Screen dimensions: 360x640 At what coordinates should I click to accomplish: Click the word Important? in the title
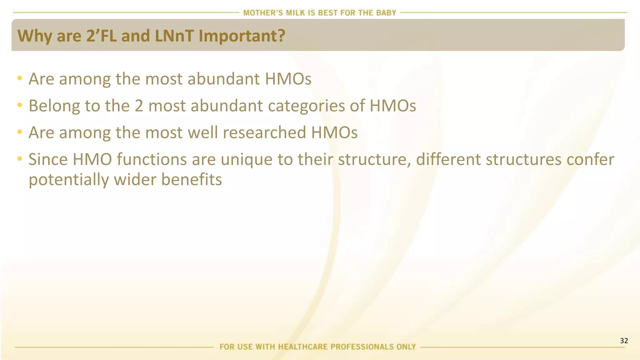click(x=242, y=36)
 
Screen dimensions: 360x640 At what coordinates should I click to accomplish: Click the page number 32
click(x=624, y=341)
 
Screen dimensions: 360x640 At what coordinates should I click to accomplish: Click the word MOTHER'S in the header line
click(x=263, y=13)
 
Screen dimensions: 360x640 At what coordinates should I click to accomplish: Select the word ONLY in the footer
click(x=405, y=347)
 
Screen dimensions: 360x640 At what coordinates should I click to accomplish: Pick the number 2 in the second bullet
click(x=139, y=106)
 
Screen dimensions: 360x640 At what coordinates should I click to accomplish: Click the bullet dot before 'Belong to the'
click(x=20, y=105)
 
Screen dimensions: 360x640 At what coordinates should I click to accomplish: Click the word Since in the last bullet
click(x=48, y=159)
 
